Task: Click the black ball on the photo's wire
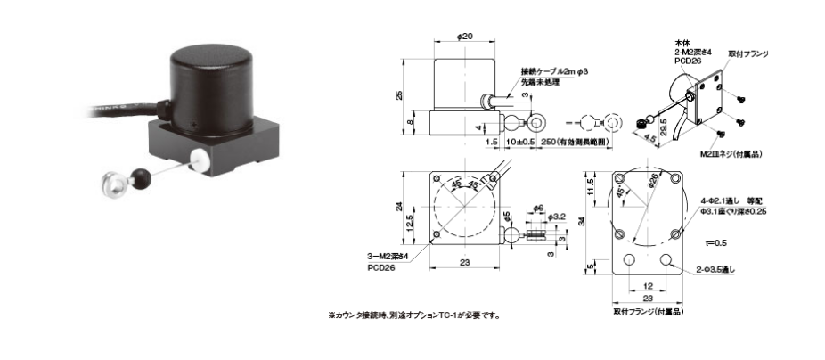(141, 175)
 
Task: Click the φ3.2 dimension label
(556, 216)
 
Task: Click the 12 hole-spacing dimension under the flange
(648, 287)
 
